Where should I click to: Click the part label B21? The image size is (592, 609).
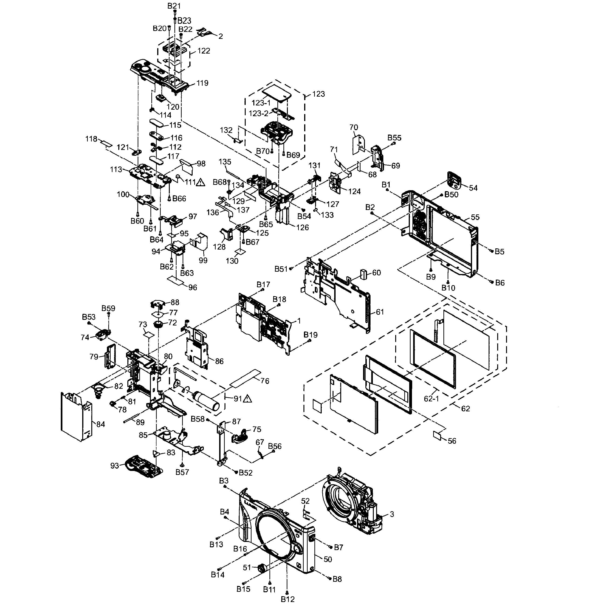click(x=174, y=6)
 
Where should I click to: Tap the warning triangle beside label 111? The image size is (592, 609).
click(x=201, y=182)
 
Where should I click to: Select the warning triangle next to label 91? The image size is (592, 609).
click(x=247, y=398)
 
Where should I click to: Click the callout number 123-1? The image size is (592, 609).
click(x=261, y=103)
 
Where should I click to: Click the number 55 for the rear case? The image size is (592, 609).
click(x=475, y=217)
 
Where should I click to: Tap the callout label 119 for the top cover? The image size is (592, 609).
click(x=202, y=83)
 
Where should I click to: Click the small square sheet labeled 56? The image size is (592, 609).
click(x=437, y=435)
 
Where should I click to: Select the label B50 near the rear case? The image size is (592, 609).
click(x=451, y=195)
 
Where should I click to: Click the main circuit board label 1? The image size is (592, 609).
click(x=299, y=321)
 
